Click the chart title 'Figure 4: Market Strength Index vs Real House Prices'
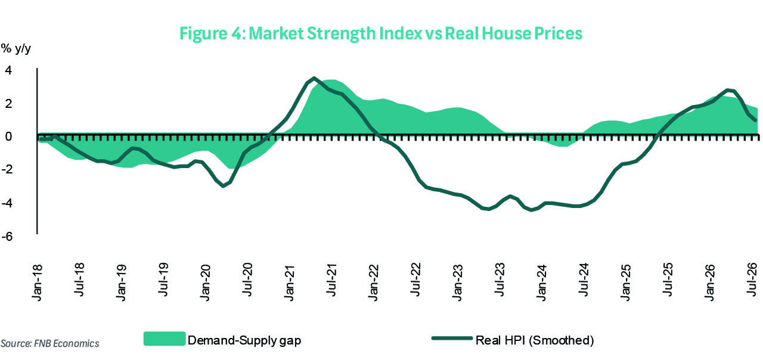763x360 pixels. tap(381, 34)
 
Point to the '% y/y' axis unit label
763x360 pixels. tap(15, 49)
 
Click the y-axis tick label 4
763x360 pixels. tap(8, 70)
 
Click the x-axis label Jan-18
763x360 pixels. tap(38, 283)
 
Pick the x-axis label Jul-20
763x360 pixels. tap(248, 280)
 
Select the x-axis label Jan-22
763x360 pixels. tap(374, 283)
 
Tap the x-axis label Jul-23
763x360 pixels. tap(500, 280)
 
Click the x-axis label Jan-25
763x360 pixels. tap(626, 283)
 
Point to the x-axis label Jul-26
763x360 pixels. tap(752, 280)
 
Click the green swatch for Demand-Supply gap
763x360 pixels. tap(165, 339)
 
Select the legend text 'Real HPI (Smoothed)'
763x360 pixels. tap(535, 340)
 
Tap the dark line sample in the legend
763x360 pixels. tap(452, 338)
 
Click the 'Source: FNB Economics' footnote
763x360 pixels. tap(49, 343)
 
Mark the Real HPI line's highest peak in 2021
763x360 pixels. tap(314, 78)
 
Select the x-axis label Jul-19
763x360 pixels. tap(164, 280)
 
